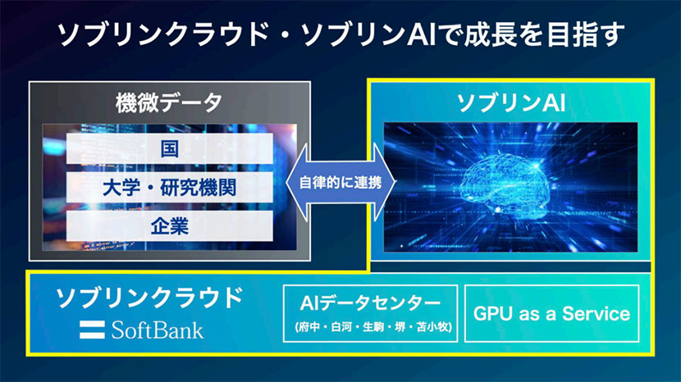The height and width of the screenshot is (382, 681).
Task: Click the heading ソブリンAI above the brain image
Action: point(510,102)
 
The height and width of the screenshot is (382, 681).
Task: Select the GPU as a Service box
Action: point(551,313)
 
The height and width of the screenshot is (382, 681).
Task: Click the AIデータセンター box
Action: point(372,313)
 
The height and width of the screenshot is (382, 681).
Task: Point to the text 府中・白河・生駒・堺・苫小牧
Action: point(372,330)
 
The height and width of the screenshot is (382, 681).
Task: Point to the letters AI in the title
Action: point(436,34)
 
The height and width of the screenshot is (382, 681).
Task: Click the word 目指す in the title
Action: point(584,34)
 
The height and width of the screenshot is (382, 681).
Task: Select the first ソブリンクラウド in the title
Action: point(153,34)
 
